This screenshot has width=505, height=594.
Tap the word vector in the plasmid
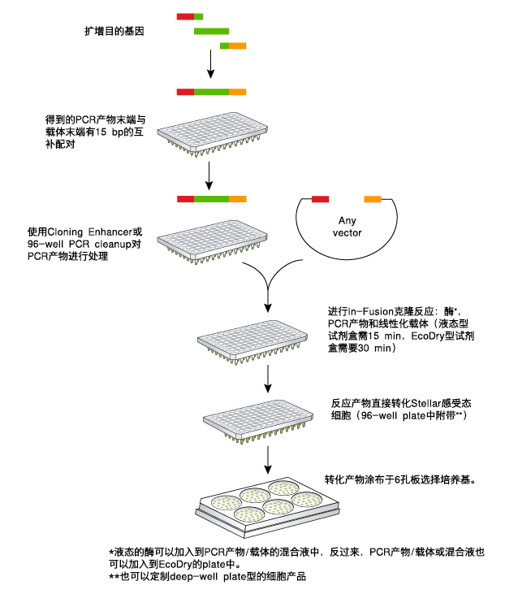pos(347,233)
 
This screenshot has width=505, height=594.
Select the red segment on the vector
pos(320,198)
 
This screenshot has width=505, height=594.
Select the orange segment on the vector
pos(373,198)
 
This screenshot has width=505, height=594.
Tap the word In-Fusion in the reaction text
pos(374,311)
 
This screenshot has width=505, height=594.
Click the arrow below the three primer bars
pos(211,63)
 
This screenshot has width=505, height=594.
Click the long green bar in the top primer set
pos(211,31)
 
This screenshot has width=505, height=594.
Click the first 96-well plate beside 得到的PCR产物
pos(212,131)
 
